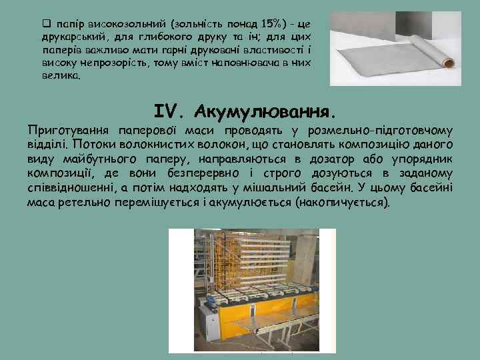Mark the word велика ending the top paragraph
tap(61, 77)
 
